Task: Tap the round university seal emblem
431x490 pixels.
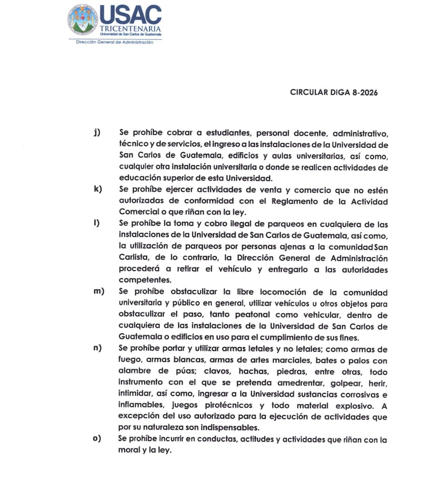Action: [x=83, y=20]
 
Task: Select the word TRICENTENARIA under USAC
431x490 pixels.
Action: [x=130, y=28]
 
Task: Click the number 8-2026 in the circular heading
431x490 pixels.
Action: [x=361, y=92]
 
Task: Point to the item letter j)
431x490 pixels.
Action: [x=97, y=132]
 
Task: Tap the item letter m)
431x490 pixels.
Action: [x=98, y=291]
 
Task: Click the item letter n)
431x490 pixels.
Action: [x=98, y=348]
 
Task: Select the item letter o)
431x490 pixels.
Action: [x=97, y=439]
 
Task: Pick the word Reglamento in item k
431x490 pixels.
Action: [x=280, y=201]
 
